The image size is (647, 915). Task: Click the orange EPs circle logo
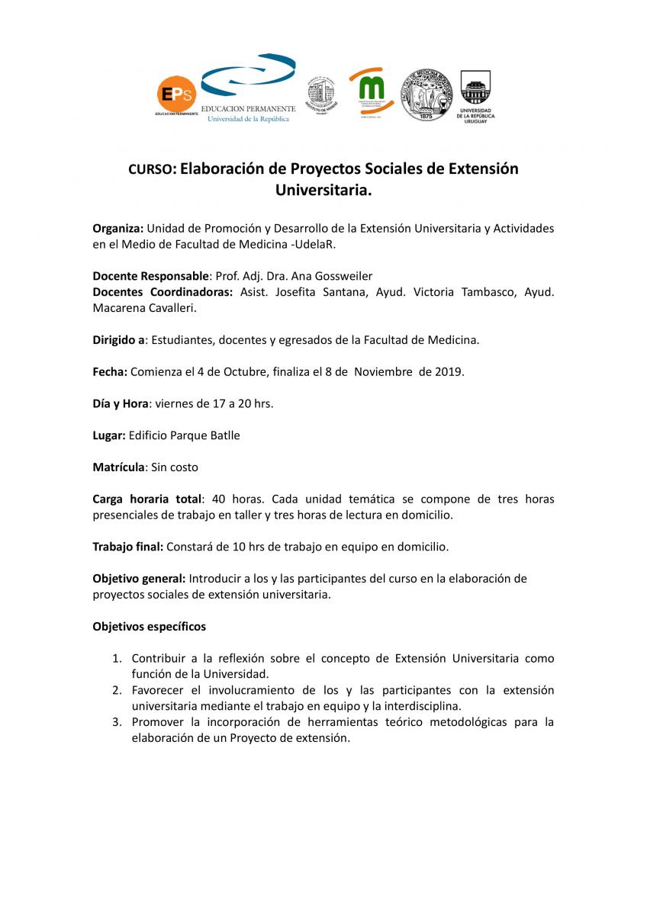pyautogui.click(x=176, y=95)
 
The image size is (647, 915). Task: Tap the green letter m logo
pyautogui.click(x=371, y=90)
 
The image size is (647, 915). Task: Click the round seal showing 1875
pyautogui.click(x=426, y=95)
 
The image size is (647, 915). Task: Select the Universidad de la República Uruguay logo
pyautogui.click(x=476, y=96)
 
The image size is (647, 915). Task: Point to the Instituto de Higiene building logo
pyautogui.click(x=320, y=95)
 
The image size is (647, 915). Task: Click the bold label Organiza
pyautogui.click(x=117, y=229)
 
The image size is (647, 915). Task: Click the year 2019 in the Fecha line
pyautogui.click(x=447, y=372)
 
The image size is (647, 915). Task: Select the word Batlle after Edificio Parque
pyautogui.click(x=224, y=435)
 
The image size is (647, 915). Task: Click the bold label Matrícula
pyautogui.click(x=118, y=467)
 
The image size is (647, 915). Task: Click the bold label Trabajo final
pyautogui.click(x=127, y=547)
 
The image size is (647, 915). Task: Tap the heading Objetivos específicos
pyautogui.click(x=149, y=627)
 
